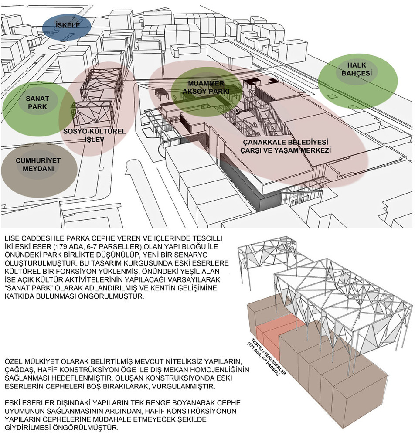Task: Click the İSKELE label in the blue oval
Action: tap(68, 25)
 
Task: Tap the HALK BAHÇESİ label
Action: tap(357, 69)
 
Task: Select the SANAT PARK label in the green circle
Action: tap(37, 102)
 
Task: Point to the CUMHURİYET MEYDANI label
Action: tap(38, 165)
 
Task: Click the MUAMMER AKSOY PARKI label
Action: tap(206, 87)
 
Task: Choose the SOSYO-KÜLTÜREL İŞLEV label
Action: tap(95, 135)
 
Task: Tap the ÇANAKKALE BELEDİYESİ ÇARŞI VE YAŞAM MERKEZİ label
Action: tap(287, 146)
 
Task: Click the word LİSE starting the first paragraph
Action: tap(12, 238)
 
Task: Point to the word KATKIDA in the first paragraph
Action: tap(17, 296)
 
